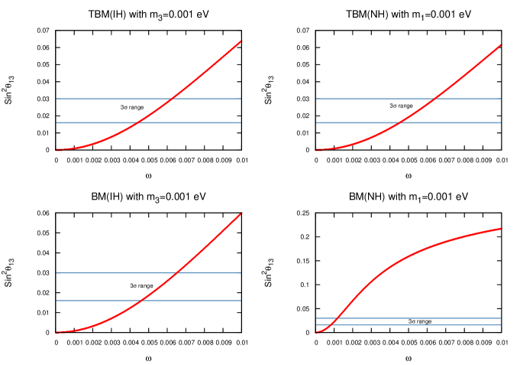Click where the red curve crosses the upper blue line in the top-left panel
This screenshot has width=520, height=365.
coord(173,99)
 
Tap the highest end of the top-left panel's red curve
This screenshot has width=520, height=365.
coord(241,41)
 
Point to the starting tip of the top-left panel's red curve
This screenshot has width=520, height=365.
coord(55,150)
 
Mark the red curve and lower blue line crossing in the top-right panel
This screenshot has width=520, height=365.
coord(399,122)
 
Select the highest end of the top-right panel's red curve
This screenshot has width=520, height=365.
coord(501,44)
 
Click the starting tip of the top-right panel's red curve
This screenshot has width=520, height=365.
coord(315,150)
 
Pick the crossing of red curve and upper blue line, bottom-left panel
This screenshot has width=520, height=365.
coord(177,272)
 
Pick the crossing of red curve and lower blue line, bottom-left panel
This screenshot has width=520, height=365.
coord(143,300)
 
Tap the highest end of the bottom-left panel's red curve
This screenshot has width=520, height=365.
coord(241,213)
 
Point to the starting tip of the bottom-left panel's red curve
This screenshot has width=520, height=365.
coord(55,332)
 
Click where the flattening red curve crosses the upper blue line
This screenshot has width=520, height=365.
coord(336,318)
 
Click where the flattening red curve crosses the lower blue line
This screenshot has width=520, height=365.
coord(330,324)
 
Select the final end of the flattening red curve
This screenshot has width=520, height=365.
coord(501,228)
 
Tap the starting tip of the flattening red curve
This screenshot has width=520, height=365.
coord(315,332)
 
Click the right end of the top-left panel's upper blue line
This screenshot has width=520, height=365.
coord(241,99)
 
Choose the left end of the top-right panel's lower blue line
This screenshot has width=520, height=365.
coord(315,122)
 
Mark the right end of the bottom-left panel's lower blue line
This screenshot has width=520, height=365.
coord(241,300)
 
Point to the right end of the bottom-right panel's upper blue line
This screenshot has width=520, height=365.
coord(501,318)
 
